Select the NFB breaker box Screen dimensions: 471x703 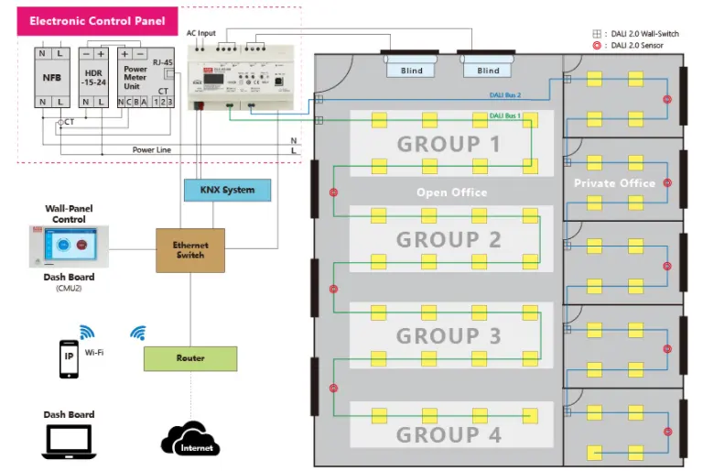[x=51, y=77]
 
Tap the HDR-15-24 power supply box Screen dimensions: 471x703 [x=93, y=77]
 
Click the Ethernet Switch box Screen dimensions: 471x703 [x=190, y=250]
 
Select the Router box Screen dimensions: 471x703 [x=190, y=358]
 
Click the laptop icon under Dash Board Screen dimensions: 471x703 [x=69, y=444]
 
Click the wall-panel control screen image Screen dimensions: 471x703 [x=69, y=247]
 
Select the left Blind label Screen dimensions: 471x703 [x=412, y=71]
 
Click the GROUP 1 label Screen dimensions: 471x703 [x=449, y=144]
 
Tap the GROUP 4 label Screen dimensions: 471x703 [x=449, y=433]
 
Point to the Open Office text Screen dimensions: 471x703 [x=451, y=192]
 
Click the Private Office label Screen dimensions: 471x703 [x=614, y=183]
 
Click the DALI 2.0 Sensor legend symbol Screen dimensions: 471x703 [x=597, y=45]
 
